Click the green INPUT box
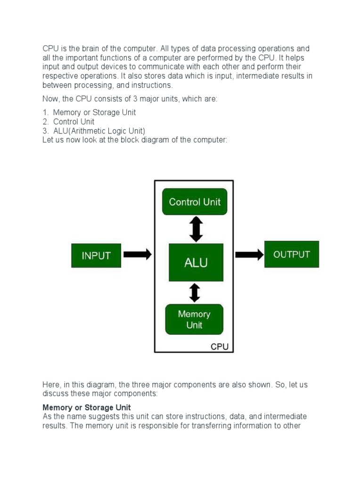pyautogui.click(x=96, y=256)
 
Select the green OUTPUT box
pyautogui.click(x=291, y=254)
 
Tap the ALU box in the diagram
pyautogui.click(x=196, y=262)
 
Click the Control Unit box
pyautogui.click(x=194, y=202)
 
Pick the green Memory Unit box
pyautogui.click(x=194, y=319)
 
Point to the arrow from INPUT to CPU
pyautogui.click(x=138, y=255)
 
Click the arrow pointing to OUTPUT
pyautogui.click(x=249, y=255)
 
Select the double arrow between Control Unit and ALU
pyautogui.click(x=196, y=229)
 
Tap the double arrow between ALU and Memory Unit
pyautogui.click(x=194, y=292)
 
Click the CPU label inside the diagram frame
pyautogui.click(x=219, y=347)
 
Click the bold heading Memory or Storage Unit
pyautogui.click(x=87, y=408)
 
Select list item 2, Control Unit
pyautogui.click(x=74, y=122)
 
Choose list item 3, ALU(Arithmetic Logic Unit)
pyautogui.click(x=99, y=131)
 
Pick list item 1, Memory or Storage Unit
pyautogui.click(x=94, y=113)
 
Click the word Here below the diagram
pyautogui.click(x=51, y=385)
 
